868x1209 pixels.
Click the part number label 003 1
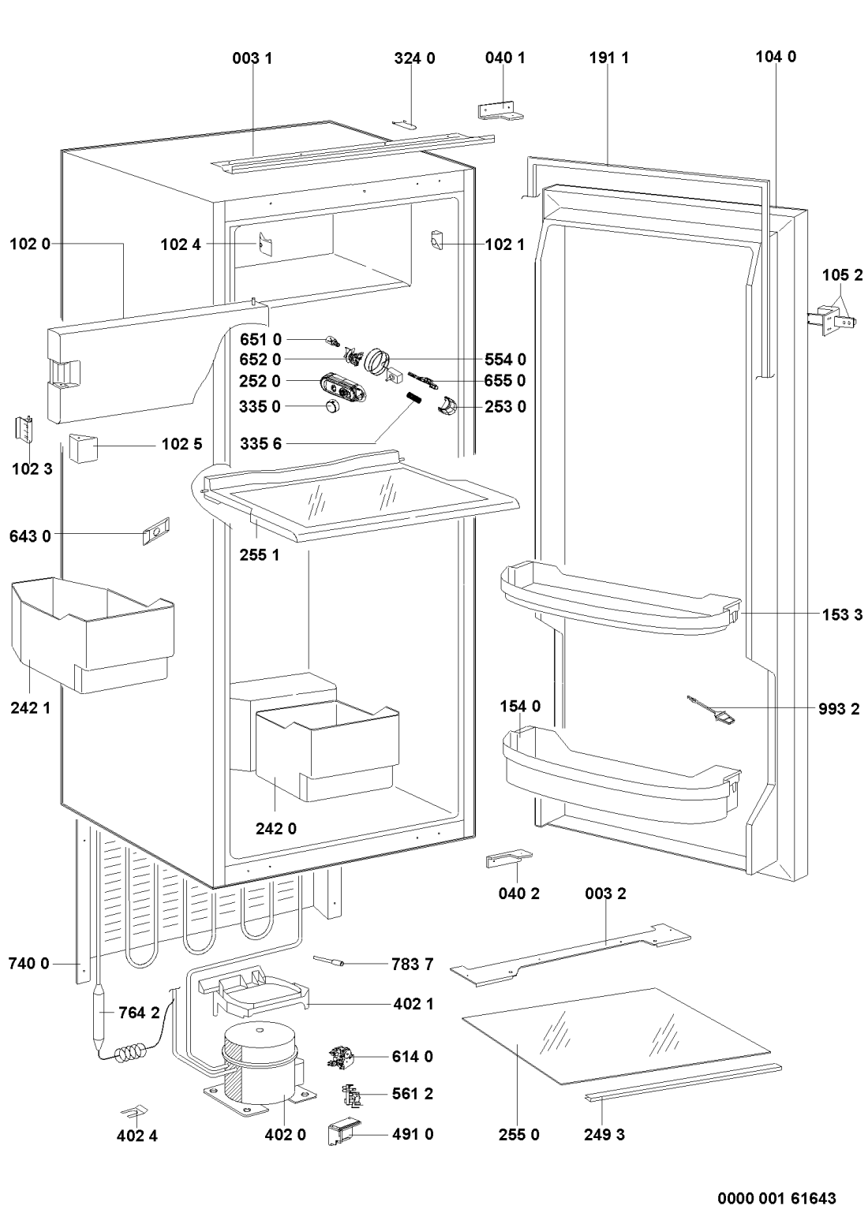click(253, 58)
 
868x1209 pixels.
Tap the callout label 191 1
click(608, 58)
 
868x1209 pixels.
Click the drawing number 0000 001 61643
click(776, 1197)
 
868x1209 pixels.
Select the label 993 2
click(839, 708)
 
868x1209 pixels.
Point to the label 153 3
click(839, 615)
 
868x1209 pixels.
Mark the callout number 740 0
click(28, 963)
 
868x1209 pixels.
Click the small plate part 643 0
click(155, 532)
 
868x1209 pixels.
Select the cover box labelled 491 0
click(344, 1133)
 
